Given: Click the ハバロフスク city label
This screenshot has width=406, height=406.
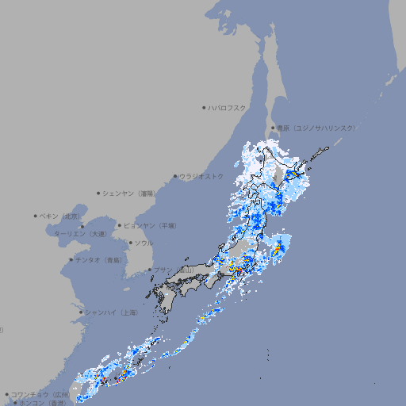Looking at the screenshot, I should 228,107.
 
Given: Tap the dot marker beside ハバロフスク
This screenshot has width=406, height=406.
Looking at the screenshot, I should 204,107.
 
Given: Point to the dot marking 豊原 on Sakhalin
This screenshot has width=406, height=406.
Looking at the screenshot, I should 272,128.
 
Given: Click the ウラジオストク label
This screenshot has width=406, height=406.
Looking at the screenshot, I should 201,176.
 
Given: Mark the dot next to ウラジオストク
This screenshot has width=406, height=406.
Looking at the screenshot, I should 175,176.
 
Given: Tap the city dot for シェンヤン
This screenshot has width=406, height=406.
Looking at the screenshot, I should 99,193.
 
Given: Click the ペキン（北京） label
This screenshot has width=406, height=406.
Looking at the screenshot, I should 60,216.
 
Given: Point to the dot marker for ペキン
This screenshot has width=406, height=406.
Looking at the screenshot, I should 36,216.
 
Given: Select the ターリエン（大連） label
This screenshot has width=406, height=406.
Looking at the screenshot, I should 80,234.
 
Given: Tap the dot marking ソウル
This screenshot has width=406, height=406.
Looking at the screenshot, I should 130,243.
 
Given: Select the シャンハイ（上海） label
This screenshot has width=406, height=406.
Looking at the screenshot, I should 111,312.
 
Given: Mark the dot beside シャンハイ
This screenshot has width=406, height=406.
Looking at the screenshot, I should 81,312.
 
